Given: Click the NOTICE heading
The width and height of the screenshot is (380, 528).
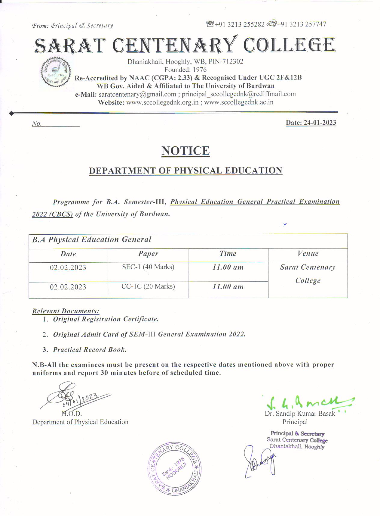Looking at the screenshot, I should [x=185, y=151].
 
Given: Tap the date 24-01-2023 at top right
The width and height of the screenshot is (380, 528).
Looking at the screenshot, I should [x=311, y=123].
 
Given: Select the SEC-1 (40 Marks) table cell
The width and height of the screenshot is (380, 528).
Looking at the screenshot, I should [x=148, y=267].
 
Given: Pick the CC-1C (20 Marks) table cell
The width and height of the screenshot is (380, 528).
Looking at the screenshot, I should [x=148, y=286].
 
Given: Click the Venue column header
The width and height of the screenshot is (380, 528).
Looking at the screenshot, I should [x=308, y=254].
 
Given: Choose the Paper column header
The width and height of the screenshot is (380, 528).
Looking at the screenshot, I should [x=148, y=254].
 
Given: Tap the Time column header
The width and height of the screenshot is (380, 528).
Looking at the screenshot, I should [x=228, y=254].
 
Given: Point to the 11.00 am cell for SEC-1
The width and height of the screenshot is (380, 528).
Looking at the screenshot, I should [x=228, y=267].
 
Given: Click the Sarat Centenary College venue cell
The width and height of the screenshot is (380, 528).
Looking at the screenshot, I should [x=308, y=274].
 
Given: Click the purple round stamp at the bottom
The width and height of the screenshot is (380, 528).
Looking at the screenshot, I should [x=175, y=469].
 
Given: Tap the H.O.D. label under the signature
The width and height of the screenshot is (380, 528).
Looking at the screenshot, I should [x=72, y=414].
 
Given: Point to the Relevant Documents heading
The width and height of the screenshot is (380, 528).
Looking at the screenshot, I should [x=66, y=311].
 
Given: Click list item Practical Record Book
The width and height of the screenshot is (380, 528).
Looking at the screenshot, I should [x=90, y=350].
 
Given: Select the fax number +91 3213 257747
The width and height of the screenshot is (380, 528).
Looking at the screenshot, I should [x=302, y=24].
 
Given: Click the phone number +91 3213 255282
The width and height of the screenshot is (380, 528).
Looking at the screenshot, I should [x=240, y=25].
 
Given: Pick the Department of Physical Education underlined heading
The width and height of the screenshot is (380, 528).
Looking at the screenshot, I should [x=185, y=170].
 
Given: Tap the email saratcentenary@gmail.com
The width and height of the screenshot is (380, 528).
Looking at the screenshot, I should [x=137, y=94].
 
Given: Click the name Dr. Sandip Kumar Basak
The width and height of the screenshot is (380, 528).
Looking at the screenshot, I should [x=300, y=414].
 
